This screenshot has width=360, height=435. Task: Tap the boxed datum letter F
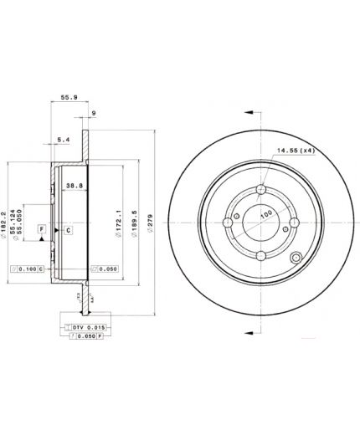pyautogui.click(x=41, y=228)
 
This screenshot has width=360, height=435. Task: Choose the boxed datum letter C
pyautogui.click(x=68, y=228)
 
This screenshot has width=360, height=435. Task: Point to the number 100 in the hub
pyautogui.click(x=265, y=215)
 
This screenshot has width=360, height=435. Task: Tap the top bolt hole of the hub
pyautogui.click(x=264, y=189)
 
